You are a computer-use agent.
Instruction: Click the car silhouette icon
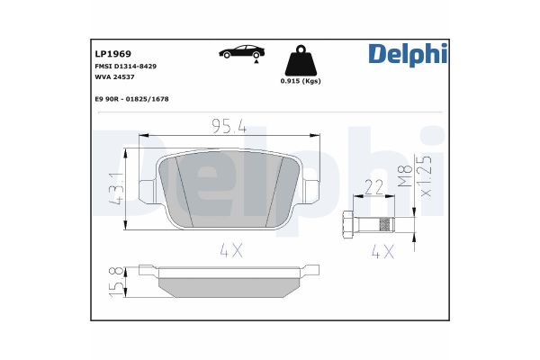tap(240, 51)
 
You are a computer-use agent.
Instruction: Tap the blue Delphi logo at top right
tap(407, 55)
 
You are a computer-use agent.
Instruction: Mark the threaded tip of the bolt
tap(385, 223)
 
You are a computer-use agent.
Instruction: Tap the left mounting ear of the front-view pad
tap(146, 189)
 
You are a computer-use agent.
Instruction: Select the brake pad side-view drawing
tap(227, 281)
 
